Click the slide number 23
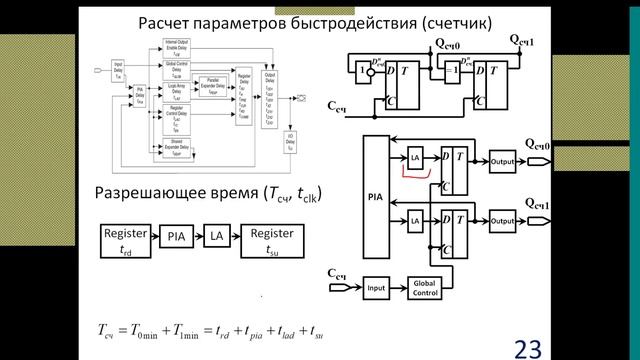(x=527, y=347)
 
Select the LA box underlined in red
(x=414, y=158)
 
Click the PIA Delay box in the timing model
(x=142, y=96)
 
